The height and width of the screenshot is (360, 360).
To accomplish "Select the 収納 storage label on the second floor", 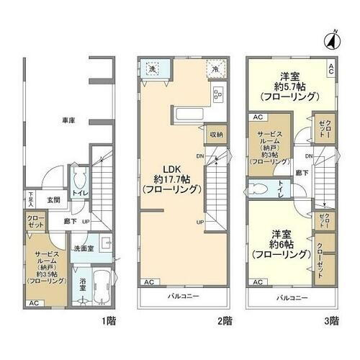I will coord(216,135).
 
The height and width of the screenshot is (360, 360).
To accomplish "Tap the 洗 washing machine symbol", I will coord(153,69).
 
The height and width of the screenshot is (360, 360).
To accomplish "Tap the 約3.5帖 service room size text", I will coord(48,274).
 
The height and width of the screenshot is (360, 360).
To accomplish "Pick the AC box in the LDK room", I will coord(148,282).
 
